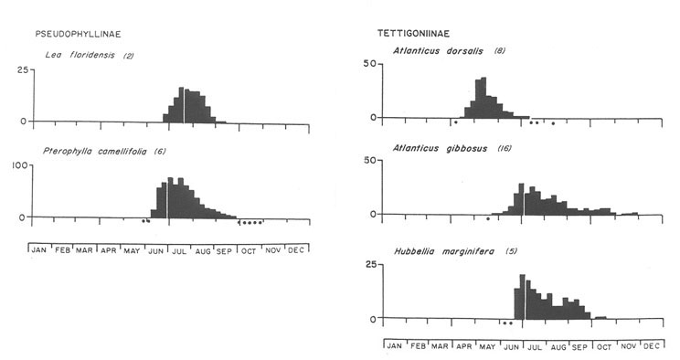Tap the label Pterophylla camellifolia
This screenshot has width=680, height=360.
(95, 151)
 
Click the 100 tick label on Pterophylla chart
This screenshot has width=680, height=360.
(16, 165)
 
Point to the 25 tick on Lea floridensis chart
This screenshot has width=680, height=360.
(20, 71)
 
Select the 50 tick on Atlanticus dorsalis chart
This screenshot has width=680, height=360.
(368, 64)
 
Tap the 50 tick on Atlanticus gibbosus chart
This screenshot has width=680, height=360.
(368, 161)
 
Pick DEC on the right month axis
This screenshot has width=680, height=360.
(652, 346)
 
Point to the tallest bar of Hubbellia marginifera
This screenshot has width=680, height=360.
(522, 297)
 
